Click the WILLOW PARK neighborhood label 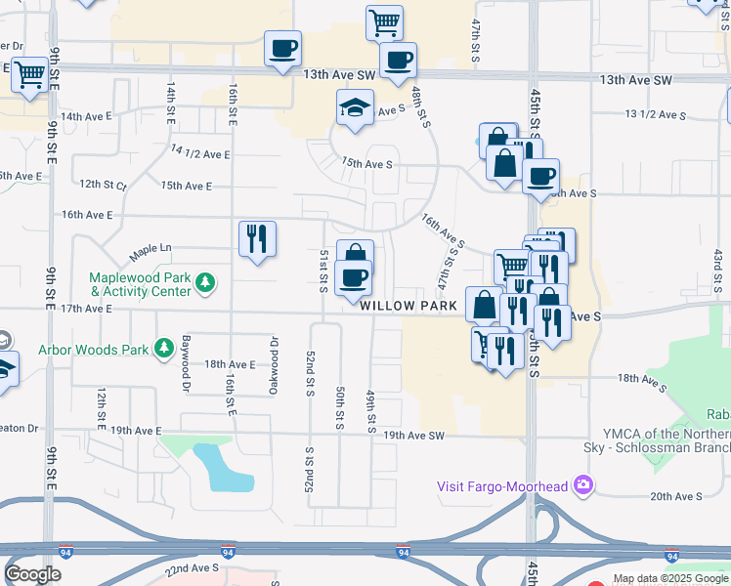tap(408, 306)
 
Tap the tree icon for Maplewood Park tap(205, 283)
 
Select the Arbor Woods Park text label tap(94, 349)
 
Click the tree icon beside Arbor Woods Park tap(164, 347)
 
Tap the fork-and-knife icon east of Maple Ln tap(257, 237)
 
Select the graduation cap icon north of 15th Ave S tap(356, 107)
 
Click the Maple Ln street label tap(150, 250)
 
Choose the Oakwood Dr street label tap(274, 365)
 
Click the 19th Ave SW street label tap(413, 436)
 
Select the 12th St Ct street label tap(104, 184)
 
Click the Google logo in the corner tap(33, 573)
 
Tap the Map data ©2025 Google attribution tap(671, 578)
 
